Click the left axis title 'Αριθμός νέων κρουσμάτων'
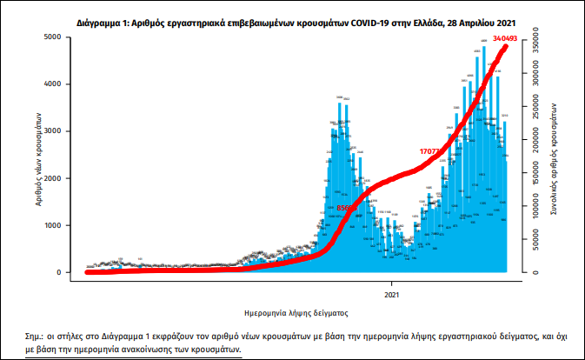[x=40, y=156]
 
